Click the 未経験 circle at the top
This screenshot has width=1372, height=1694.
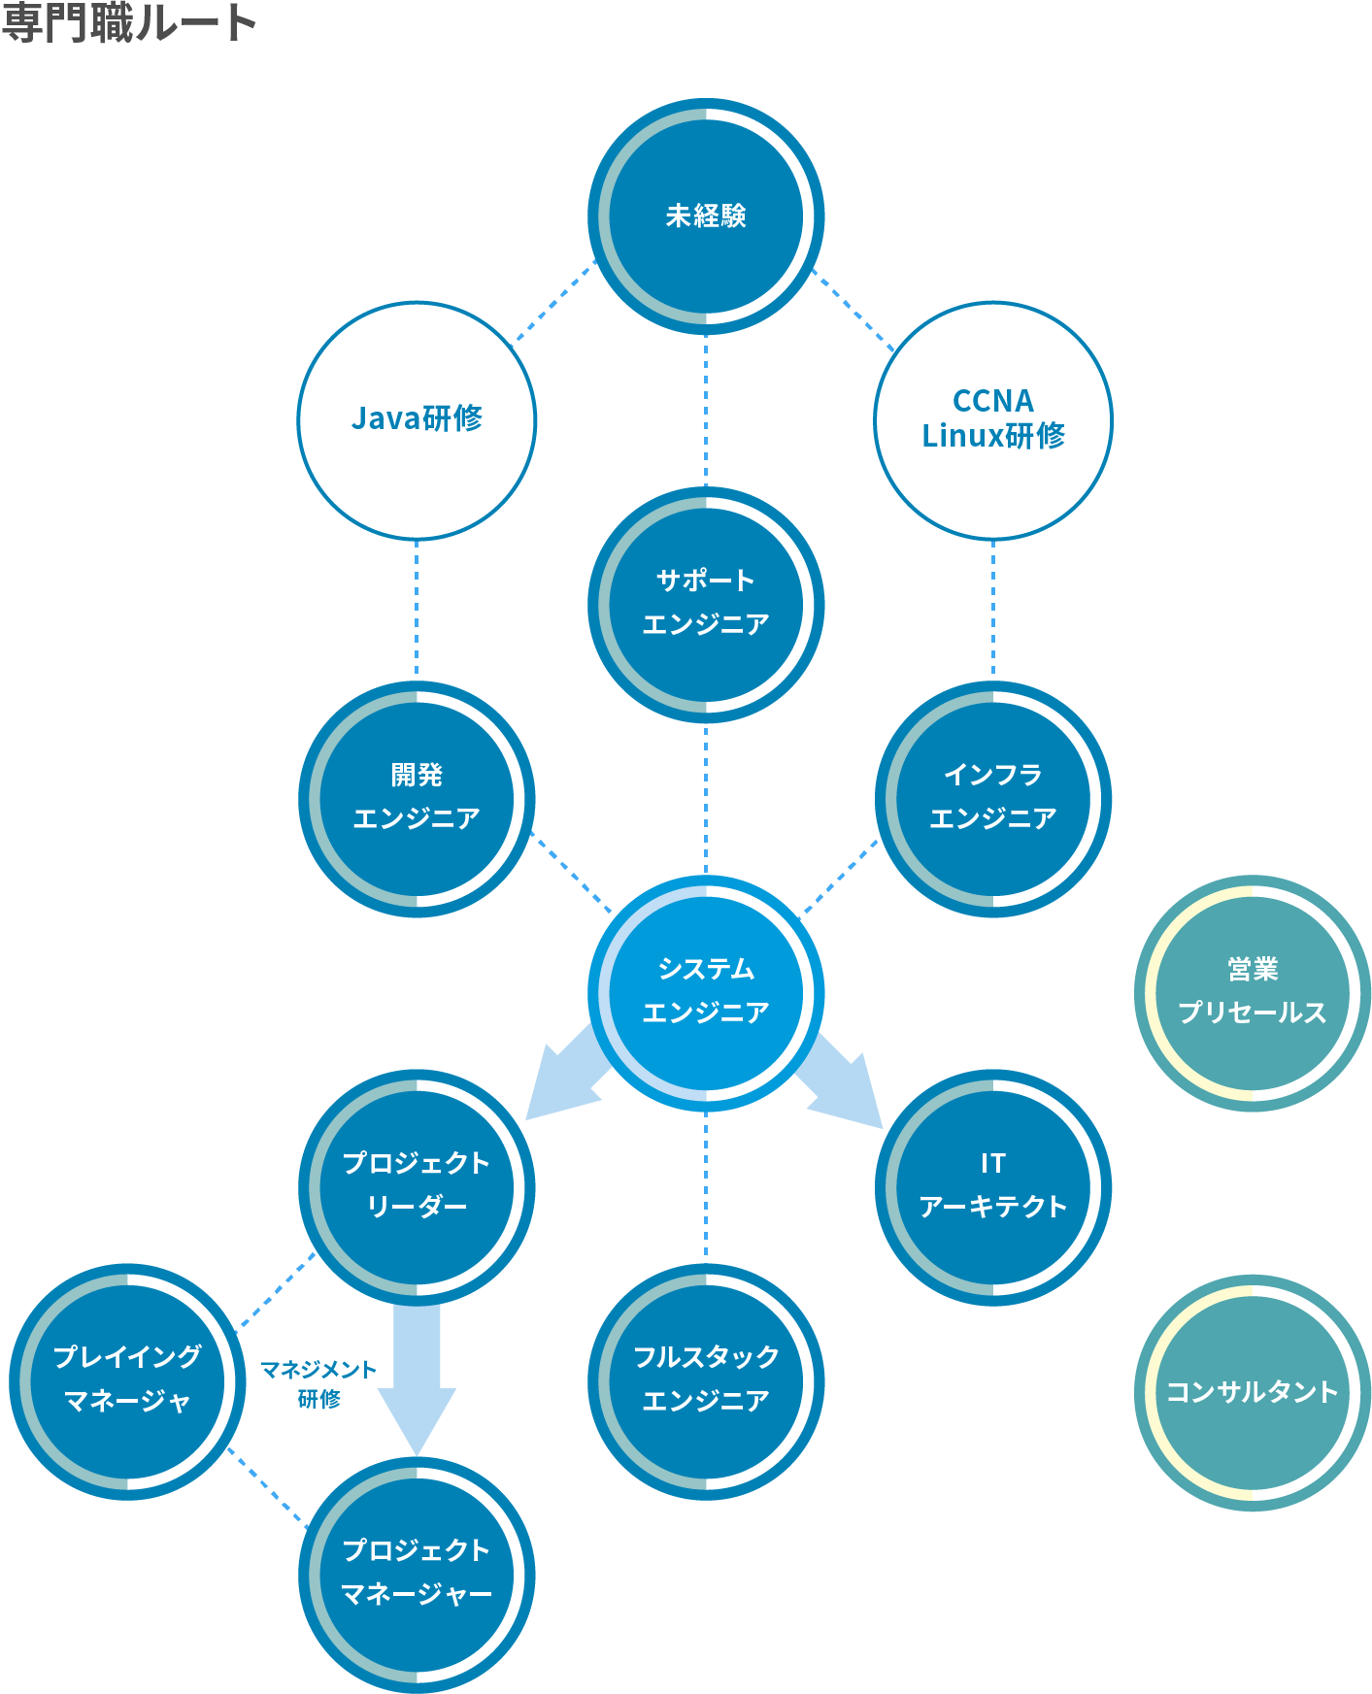(x=706, y=216)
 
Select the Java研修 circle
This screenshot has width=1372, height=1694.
(x=417, y=419)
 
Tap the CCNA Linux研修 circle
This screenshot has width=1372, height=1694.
(x=993, y=419)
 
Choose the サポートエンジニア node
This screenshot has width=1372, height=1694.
(x=706, y=604)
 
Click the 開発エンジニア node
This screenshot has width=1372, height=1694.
(x=417, y=798)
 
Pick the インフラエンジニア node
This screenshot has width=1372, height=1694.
(x=993, y=798)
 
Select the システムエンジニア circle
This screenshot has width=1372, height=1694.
(x=706, y=992)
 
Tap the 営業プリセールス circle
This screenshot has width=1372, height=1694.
(x=1252, y=992)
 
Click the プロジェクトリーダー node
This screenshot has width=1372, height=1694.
(x=417, y=1186)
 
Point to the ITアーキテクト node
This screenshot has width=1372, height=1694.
(x=993, y=1186)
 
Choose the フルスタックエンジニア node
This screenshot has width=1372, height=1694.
(x=706, y=1380)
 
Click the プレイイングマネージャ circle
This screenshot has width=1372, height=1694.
(x=127, y=1380)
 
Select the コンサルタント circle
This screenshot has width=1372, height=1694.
(x=1252, y=1392)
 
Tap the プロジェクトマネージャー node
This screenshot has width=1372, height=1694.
(x=417, y=1575)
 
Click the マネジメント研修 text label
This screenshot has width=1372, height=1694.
(x=318, y=1383)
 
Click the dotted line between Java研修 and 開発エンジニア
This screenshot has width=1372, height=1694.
(x=417, y=609)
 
